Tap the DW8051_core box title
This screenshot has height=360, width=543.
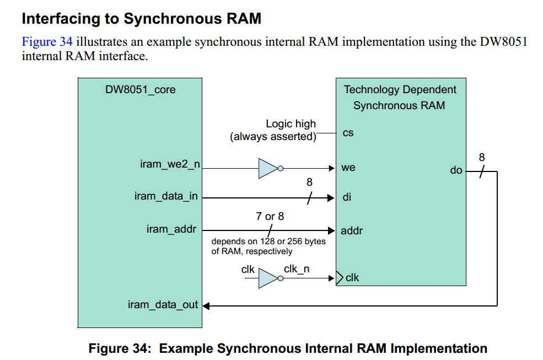140,89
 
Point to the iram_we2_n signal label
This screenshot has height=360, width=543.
169,164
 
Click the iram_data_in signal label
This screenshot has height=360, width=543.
166,196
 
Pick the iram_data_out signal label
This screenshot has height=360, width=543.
163,305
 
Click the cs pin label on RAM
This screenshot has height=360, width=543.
348,133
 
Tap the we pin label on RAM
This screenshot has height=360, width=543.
348,168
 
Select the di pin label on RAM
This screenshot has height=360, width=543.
347,197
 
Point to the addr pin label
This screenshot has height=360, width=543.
352,230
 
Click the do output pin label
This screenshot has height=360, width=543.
456,171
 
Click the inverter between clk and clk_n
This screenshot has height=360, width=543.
270,279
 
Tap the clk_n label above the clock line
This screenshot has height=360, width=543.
297,269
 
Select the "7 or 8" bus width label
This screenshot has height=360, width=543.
270,217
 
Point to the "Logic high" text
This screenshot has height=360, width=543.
291,124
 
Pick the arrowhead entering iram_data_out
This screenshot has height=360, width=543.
206,305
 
